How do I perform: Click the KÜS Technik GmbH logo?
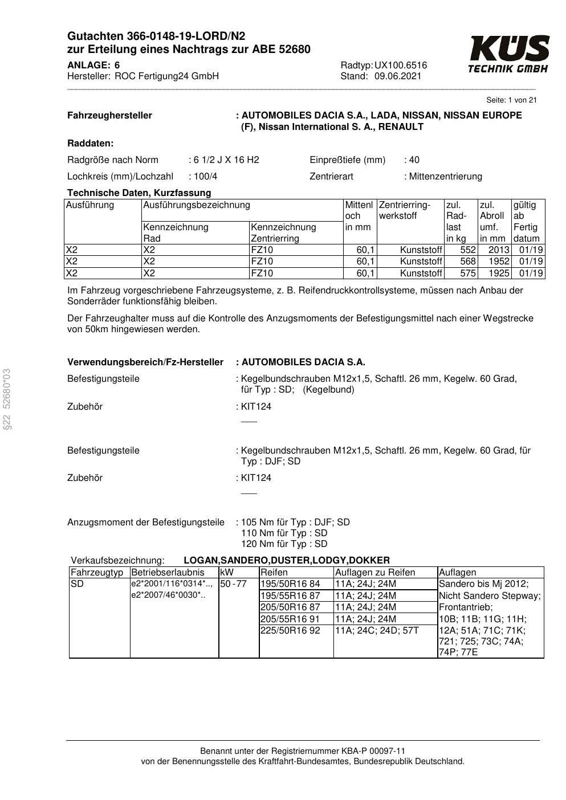pos(508,54)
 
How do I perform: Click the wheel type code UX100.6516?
pos(401,66)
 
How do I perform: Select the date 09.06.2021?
pos(398,76)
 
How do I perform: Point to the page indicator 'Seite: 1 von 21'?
pos(511,100)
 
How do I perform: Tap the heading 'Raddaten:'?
pos(90,144)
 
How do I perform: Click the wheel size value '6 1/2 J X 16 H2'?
pos(226,160)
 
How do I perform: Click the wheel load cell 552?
pos(467,250)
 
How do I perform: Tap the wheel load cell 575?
pos(467,273)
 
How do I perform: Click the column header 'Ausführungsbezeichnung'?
pos(197,205)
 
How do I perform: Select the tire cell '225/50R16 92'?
pos(290,631)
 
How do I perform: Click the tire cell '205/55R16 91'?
pos(290,619)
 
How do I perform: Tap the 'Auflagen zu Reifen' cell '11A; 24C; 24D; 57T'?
pos(377,631)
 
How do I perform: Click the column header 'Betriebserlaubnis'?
pos(168,573)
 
